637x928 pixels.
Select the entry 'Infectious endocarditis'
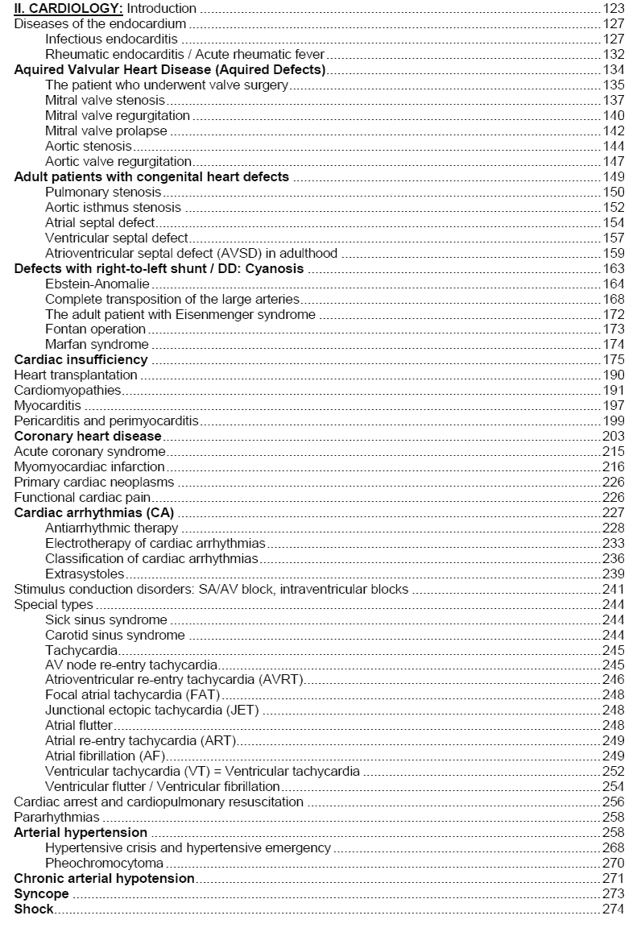click(x=112, y=39)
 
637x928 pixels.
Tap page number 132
click(x=614, y=54)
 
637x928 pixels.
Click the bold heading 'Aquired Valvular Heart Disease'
click(x=170, y=69)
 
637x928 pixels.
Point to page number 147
click(x=614, y=161)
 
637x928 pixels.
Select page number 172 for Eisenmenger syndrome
click(x=614, y=314)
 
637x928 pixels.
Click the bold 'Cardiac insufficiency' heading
click(x=81, y=359)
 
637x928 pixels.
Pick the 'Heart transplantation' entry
click(x=76, y=375)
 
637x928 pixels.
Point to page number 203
click(x=614, y=436)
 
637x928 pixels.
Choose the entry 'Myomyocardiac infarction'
click(x=89, y=466)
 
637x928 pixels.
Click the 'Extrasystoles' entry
click(x=85, y=574)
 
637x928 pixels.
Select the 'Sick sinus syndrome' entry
click(x=106, y=619)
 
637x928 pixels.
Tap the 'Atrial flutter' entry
click(x=79, y=726)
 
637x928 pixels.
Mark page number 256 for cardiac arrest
click(x=614, y=802)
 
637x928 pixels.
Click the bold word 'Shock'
click(x=34, y=909)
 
